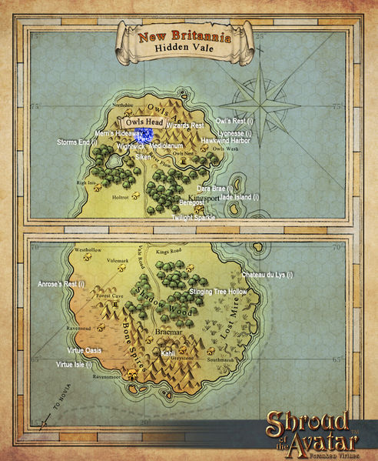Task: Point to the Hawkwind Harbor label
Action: pyautogui.click(x=226, y=141)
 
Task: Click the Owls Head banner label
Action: pyautogui.click(x=142, y=122)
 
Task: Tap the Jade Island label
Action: pyautogui.click(x=240, y=197)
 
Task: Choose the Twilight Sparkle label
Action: pyautogui.click(x=194, y=219)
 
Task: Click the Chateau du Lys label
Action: pyautogui.click(x=267, y=275)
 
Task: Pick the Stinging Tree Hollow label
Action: pyautogui.click(x=218, y=292)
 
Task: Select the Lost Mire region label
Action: pyautogui.click(x=240, y=315)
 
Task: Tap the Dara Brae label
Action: pyautogui.click(x=215, y=188)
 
